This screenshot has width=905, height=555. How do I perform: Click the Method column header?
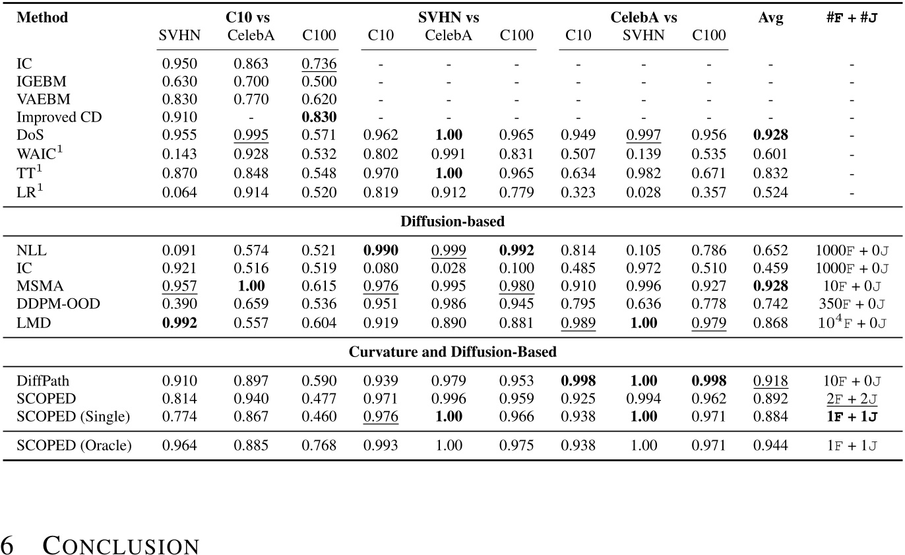[42, 18]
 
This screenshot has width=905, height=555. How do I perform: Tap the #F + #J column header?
[851, 18]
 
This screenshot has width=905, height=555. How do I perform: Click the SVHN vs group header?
[449, 18]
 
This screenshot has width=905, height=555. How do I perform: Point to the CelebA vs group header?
[643, 18]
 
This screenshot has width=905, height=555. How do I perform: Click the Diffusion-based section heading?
[452, 221]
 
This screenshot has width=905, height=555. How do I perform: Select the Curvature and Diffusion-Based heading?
[452, 352]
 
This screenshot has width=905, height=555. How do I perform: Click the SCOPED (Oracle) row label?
[74, 445]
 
